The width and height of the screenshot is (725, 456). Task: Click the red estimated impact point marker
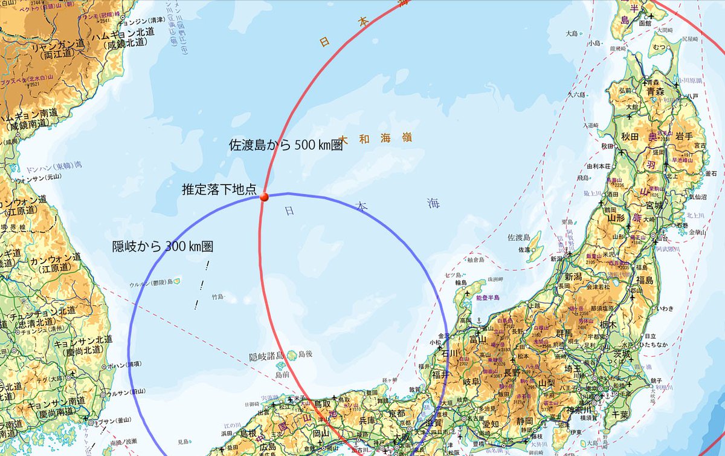(x=263, y=197)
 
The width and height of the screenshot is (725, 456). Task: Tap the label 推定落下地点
(x=220, y=190)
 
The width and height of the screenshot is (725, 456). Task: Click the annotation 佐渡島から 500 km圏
(x=286, y=145)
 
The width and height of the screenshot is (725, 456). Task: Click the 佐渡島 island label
(x=518, y=237)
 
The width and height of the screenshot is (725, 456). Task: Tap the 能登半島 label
(x=489, y=298)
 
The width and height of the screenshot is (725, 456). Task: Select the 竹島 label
(x=217, y=298)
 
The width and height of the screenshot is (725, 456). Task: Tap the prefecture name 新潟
(x=585, y=276)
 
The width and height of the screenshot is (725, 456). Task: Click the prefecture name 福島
(x=645, y=281)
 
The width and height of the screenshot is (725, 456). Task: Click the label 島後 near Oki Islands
(x=304, y=354)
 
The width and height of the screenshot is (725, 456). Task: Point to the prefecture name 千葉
(x=621, y=414)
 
